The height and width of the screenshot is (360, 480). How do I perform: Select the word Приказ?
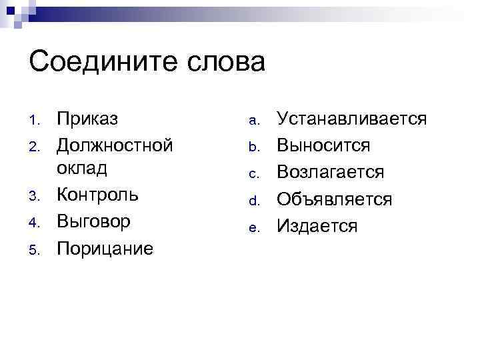click(87, 119)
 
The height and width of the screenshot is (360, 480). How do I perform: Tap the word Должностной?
click(115, 144)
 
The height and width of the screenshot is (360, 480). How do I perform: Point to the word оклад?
click(82, 169)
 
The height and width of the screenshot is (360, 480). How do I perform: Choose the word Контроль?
click(97, 195)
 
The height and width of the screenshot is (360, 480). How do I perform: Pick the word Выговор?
click(93, 221)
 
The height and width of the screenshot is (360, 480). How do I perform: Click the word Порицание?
click(105, 248)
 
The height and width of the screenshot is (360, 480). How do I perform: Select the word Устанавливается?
click(351, 119)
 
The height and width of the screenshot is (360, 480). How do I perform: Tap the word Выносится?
click(323, 145)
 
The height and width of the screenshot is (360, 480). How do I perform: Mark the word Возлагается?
click(331, 172)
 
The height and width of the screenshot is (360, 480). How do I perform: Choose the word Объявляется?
click(334, 199)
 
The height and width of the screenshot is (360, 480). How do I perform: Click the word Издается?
click(317, 226)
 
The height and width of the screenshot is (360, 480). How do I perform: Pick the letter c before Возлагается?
click(253, 174)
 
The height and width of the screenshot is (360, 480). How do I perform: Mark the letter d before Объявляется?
click(253, 201)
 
